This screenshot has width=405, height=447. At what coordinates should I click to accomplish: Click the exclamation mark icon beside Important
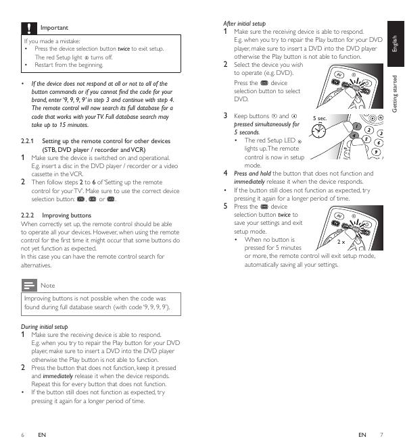29,28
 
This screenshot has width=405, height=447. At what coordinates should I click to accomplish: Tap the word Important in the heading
54,28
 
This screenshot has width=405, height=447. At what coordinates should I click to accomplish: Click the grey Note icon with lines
29,285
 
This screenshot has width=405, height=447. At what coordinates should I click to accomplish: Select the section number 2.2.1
27,141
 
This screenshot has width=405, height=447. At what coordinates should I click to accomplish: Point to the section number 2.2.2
27,215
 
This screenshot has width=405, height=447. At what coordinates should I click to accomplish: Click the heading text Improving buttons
66,215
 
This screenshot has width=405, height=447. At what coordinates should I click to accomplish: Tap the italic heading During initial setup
44,327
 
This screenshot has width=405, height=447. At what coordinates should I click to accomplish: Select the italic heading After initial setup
244,24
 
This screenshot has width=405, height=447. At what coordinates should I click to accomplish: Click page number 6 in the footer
23,435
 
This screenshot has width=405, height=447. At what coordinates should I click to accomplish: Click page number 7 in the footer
381,435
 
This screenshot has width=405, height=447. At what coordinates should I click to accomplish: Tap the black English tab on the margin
396,44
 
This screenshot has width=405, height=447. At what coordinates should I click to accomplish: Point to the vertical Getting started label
395,94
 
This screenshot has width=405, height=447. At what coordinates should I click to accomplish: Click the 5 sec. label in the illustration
320,118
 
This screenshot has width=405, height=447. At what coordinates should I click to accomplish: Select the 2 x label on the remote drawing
341,242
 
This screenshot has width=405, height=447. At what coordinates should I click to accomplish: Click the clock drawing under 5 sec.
318,131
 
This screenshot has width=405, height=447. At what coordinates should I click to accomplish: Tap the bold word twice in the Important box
124,49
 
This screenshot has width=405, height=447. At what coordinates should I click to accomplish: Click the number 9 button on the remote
376,152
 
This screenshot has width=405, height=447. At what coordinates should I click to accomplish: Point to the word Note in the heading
47,286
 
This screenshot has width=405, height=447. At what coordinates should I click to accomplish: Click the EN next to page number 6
42,435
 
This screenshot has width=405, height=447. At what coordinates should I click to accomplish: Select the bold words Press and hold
252,174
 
